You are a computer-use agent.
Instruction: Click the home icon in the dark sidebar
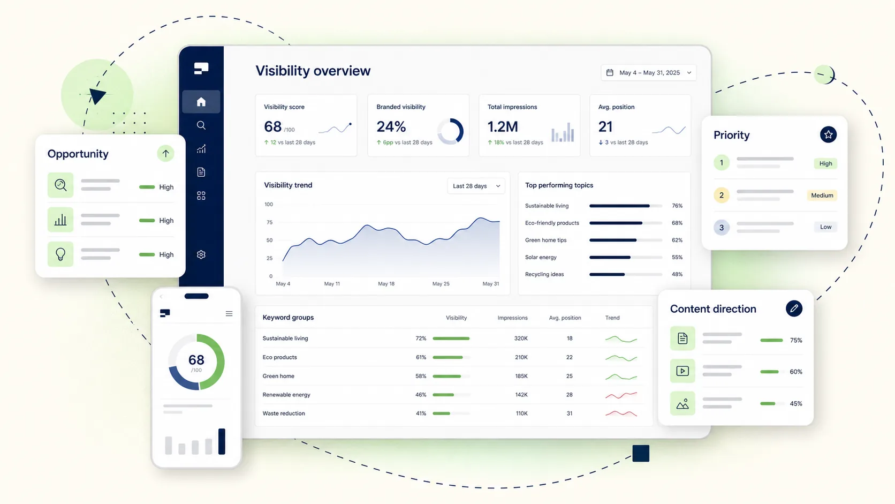coord(201,102)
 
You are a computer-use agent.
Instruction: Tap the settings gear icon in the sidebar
coord(201,254)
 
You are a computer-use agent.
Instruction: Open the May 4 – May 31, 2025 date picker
coord(648,73)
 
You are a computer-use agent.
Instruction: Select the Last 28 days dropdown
coord(476,186)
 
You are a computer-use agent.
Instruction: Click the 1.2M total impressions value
coord(503,127)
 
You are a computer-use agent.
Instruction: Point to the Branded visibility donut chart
coord(450,131)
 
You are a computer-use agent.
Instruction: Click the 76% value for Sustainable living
coord(677,206)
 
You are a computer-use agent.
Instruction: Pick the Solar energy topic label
coord(541,258)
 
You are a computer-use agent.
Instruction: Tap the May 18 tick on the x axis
coord(386,284)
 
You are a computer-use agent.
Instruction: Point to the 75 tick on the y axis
coord(269,222)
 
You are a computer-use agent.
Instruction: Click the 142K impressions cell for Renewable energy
coord(521,395)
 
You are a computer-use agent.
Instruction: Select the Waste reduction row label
coord(284,413)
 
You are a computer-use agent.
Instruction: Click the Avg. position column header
coord(565,318)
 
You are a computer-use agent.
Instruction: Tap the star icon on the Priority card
coord(828,134)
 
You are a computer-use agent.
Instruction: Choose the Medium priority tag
coord(822,195)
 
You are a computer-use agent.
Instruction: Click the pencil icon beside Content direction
coord(794,309)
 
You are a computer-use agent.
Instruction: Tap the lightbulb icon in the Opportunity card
coord(60,254)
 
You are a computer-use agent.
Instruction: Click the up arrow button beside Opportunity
coord(165,154)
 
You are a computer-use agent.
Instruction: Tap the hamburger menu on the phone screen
coord(229,314)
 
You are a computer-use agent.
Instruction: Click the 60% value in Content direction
coord(796,372)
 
